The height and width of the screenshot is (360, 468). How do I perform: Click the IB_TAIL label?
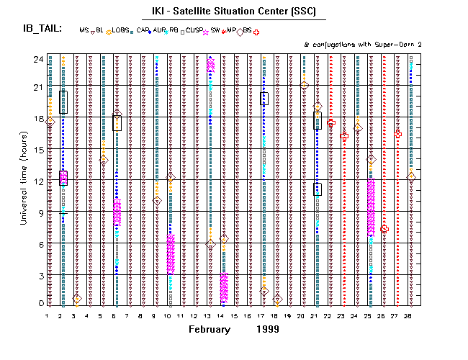(x=42, y=29)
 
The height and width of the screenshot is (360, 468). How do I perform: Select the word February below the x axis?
(x=210, y=329)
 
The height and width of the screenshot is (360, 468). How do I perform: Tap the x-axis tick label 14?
(x=223, y=315)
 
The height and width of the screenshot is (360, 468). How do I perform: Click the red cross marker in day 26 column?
(x=384, y=228)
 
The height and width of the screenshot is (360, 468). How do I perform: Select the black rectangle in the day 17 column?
(x=264, y=99)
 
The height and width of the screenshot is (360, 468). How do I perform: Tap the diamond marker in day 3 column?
(x=76, y=298)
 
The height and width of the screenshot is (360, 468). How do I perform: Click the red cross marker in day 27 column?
(x=398, y=133)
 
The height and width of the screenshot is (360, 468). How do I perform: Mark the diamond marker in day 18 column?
(x=278, y=298)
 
